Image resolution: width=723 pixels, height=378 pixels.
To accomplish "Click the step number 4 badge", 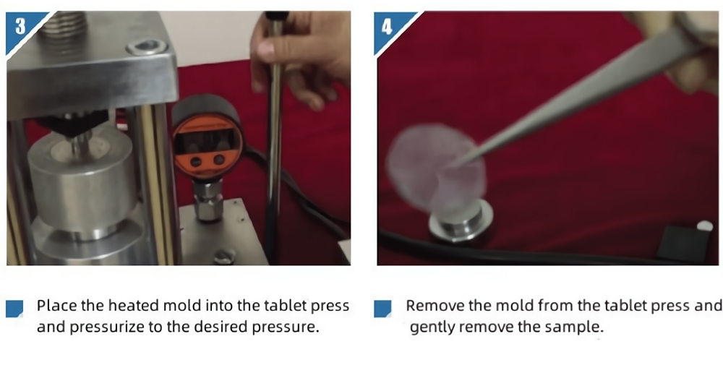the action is tap(388, 27).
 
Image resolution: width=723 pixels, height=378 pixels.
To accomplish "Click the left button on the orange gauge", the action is tap(196, 161).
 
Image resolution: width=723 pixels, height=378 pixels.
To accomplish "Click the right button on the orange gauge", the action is tap(220, 160).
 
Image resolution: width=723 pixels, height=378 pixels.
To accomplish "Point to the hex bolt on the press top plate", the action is tap(146, 47).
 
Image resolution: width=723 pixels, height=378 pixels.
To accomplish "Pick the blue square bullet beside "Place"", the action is tap(14, 309).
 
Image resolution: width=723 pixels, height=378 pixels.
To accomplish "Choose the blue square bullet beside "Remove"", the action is tap(382, 309).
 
